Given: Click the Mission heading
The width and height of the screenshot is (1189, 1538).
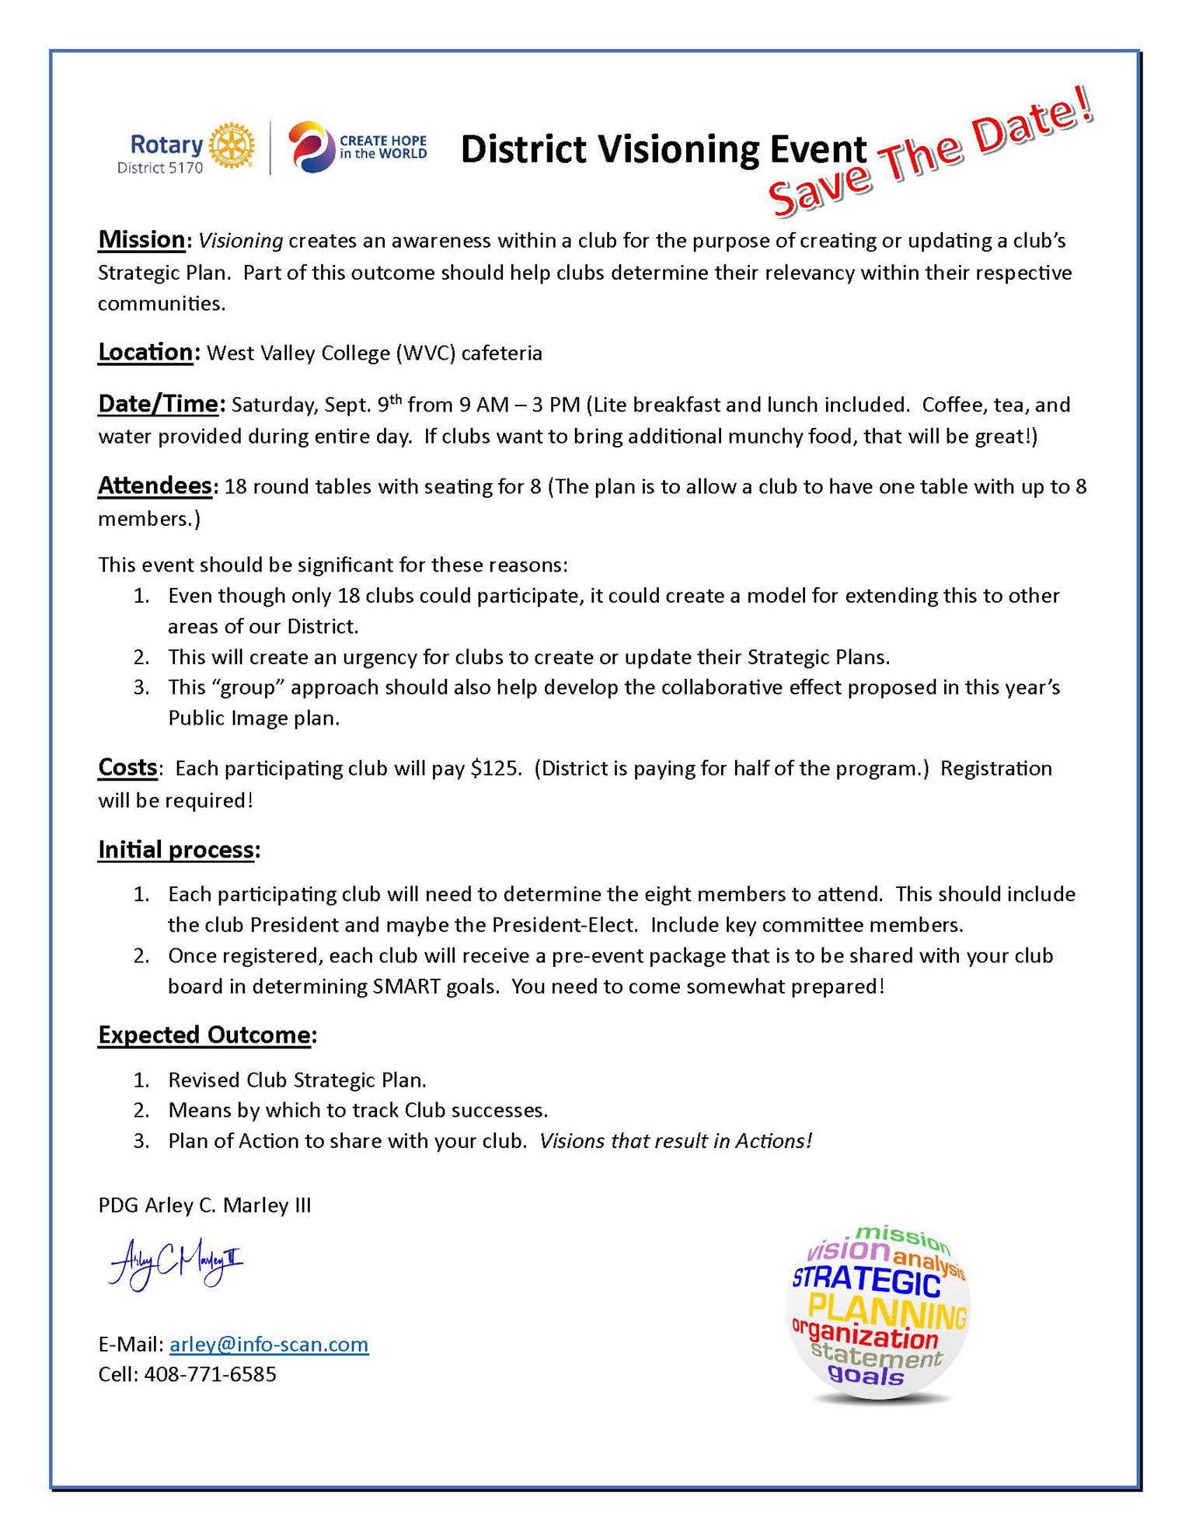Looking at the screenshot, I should point(141,240).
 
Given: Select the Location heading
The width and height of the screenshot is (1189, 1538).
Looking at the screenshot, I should point(145,353).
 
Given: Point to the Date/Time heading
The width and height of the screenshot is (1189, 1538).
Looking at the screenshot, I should point(159,404).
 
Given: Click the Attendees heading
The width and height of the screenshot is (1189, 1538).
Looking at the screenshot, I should point(155,486).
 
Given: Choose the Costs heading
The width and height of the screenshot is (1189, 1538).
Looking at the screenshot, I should point(127,768).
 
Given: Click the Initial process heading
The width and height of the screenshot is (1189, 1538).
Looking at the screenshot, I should point(176,851).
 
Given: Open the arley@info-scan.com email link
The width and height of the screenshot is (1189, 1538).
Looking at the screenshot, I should point(269,1345).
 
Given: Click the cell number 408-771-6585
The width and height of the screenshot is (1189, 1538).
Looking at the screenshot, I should point(211,1375).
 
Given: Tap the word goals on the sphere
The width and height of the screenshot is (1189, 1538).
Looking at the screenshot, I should point(866,1376).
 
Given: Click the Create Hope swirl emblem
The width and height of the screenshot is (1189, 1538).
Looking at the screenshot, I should point(310,147).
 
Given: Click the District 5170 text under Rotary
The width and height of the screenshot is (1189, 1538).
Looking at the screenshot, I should point(160,168).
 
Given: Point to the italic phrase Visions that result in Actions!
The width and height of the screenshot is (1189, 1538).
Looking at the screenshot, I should point(675,1141).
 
